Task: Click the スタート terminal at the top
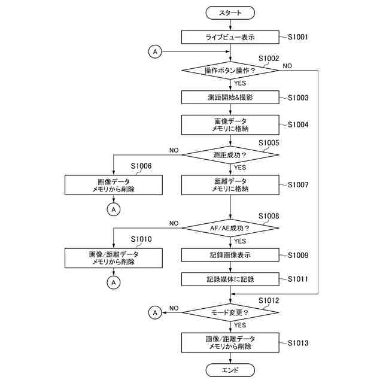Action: click(230, 13)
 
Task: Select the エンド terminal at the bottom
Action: click(230, 370)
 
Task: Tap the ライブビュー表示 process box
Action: click(230, 37)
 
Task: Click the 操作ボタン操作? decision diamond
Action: click(230, 71)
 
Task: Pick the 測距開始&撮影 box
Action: click(230, 97)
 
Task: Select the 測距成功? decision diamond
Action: click(230, 155)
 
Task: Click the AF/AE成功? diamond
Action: click(230, 228)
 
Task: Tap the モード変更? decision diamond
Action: click(230, 312)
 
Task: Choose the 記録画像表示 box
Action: click(230, 255)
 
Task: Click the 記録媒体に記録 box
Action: click(230, 279)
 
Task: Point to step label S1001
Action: click(298, 37)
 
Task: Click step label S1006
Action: click(141, 166)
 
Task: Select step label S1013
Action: click(298, 343)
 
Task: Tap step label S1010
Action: click(141, 239)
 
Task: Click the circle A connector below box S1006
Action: click(114, 209)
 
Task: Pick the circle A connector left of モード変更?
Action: click(155, 312)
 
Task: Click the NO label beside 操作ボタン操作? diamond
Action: click(287, 66)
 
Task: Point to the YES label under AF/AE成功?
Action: click(240, 241)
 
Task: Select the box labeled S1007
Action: click(230, 185)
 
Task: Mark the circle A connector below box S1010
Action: click(114, 282)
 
